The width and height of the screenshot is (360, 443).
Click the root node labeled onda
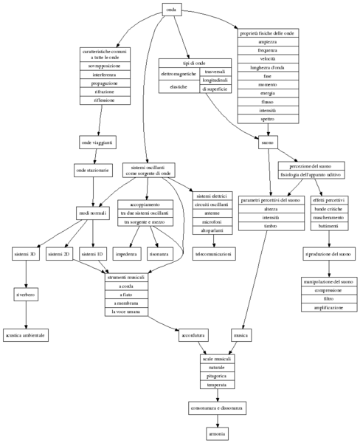coord(171,10)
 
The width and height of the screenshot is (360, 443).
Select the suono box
coord(267,142)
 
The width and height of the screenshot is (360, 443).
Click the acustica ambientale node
coord(26,335)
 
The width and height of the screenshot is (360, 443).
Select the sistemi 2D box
coord(58,254)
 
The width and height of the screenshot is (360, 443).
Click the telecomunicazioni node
coord(213,254)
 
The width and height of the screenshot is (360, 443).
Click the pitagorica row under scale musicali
coord(217,376)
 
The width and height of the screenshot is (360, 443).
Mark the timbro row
coord(270,227)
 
